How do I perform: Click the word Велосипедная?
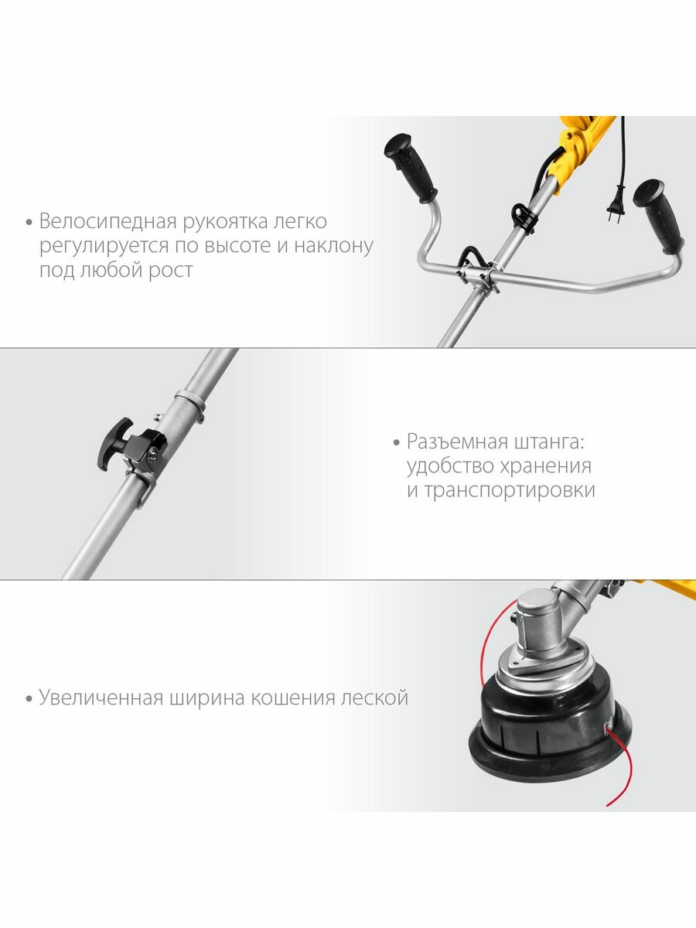coord(107,221)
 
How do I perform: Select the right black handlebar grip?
coord(659,216)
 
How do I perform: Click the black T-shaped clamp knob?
coord(115,443)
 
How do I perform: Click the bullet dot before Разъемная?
coord(396,443)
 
